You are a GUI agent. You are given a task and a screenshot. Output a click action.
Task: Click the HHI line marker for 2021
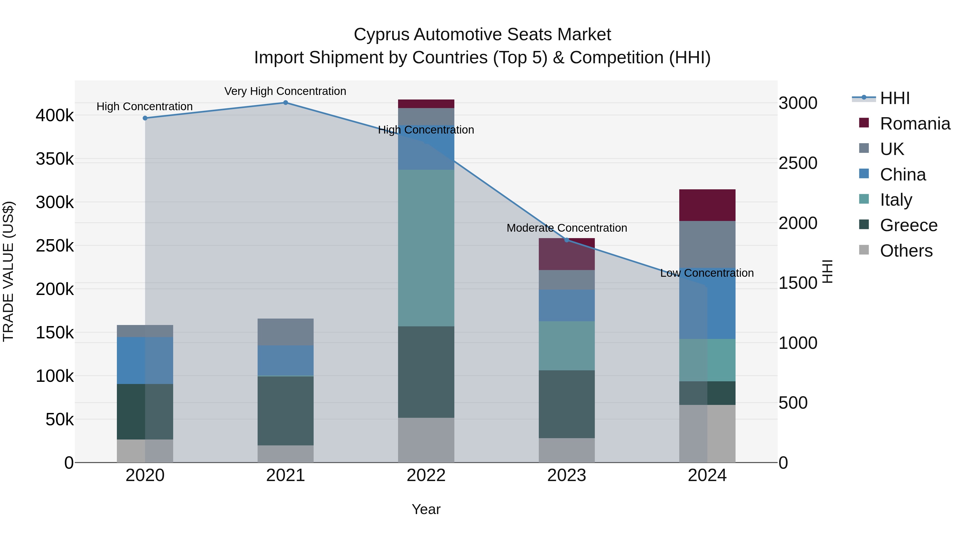pos(285,103)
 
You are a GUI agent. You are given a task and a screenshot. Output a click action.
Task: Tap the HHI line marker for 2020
pos(145,118)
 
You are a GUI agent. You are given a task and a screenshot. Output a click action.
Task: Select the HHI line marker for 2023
pos(567,240)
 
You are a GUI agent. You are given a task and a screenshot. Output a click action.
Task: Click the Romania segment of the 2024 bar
pos(707,205)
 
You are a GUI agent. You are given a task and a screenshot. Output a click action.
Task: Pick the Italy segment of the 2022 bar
pos(426,248)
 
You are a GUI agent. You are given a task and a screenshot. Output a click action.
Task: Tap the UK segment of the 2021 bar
pos(285,332)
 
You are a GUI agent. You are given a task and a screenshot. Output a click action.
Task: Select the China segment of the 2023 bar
pos(567,305)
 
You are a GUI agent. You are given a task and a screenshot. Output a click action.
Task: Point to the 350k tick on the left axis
pos(55,159)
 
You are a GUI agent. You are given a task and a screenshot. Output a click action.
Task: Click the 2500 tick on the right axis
pos(798,163)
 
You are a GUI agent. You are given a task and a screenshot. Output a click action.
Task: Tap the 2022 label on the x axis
pos(426,475)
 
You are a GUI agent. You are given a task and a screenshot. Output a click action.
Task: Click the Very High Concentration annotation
pos(285,91)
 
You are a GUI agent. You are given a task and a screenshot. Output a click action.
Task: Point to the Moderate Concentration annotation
pos(567,228)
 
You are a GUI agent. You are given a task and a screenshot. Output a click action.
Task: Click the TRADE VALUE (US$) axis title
pos(8,271)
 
